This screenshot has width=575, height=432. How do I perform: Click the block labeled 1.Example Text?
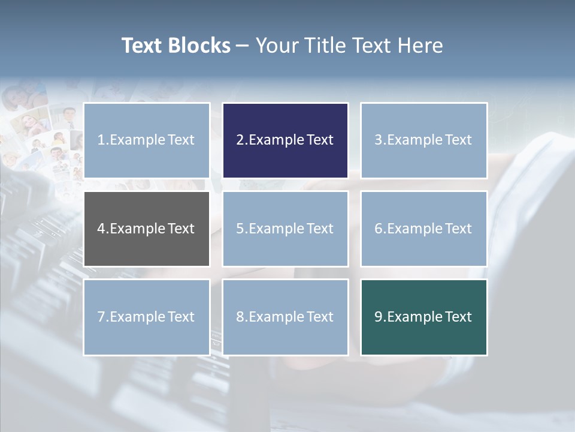[x=147, y=140]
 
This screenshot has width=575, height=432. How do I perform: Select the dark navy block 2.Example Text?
[x=285, y=140]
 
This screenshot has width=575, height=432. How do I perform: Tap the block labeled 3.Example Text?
[x=423, y=140]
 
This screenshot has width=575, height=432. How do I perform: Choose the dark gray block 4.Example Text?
[x=147, y=229]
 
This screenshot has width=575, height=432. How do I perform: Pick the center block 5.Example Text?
[x=285, y=229]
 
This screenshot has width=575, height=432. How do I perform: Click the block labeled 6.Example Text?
[x=423, y=229]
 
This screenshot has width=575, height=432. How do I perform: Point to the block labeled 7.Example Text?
[x=147, y=317]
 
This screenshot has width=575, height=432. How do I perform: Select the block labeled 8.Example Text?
[x=285, y=317]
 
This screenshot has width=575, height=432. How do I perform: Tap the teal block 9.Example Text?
[x=423, y=317]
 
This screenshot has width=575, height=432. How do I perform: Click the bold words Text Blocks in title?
[x=176, y=46]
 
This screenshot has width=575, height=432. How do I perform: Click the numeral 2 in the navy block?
[x=240, y=140]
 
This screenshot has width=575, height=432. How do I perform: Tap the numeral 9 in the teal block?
[x=379, y=317]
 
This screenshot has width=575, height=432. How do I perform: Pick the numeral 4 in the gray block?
[x=101, y=229]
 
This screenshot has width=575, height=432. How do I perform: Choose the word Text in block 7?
[x=181, y=317]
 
